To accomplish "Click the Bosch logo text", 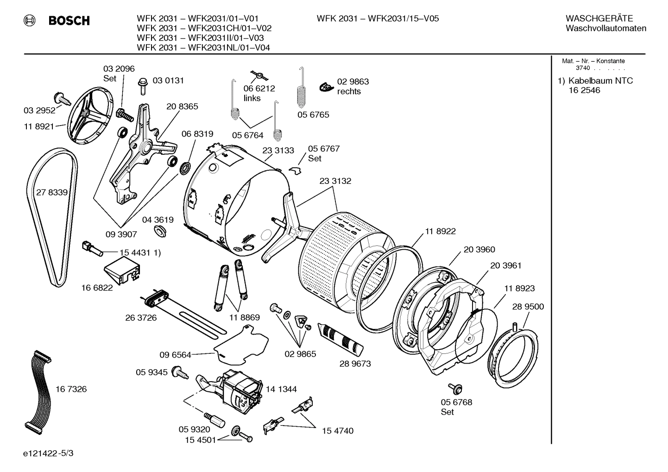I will [x=69, y=20].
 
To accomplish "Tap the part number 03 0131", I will [x=168, y=81].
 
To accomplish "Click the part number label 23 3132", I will [x=335, y=181].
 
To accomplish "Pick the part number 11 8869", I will [x=244, y=318].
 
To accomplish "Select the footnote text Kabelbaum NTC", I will [x=600, y=81].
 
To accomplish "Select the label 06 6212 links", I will [x=259, y=93].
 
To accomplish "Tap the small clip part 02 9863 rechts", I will [x=327, y=87].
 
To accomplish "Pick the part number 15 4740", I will [x=337, y=431].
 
